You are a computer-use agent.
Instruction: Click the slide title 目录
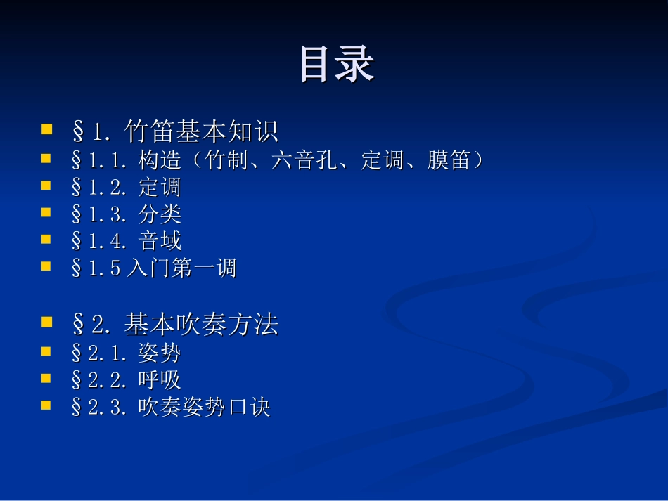tap(337, 65)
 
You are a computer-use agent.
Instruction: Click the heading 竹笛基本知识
tap(201, 131)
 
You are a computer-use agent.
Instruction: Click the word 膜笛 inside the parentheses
tap(449, 160)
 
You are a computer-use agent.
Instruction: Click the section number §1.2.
tap(98, 187)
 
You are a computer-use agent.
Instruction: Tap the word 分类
tap(160, 214)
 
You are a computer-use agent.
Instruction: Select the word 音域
tap(160, 240)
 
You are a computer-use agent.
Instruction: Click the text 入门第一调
tap(181, 268)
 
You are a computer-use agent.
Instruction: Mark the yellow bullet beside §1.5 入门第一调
tap(47, 267)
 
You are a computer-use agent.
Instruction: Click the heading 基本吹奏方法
tap(201, 324)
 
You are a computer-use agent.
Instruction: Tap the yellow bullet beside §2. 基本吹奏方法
tap(47, 323)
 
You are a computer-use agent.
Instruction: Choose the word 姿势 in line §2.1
tap(160, 353)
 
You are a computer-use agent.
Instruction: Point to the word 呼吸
tap(160, 380)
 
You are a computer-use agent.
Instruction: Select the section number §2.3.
tap(98, 408)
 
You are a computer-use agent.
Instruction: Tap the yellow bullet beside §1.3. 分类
tap(47, 213)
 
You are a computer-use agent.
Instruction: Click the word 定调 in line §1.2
tap(160, 187)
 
